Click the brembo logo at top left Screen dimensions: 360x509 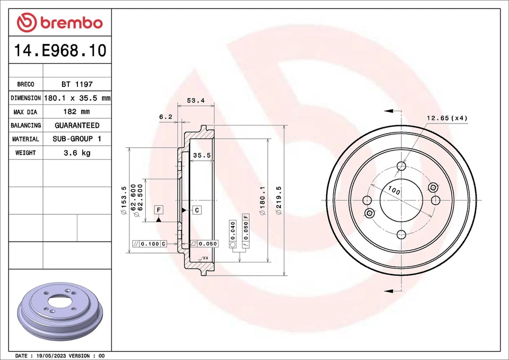tap(59, 22)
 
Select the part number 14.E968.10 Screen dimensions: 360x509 tap(60, 51)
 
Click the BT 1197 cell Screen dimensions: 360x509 tap(77, 84)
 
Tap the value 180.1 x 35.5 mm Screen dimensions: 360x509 tap(77, 98)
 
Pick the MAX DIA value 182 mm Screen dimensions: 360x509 tap(77, 112)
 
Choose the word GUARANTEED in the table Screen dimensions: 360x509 tap(77, 126)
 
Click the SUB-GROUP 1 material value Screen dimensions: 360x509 tap(77, 139)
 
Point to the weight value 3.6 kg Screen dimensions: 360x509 tap(77, 153)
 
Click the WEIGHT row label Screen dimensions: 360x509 tap(25, 153)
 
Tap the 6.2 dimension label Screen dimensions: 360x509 tap(165, 117)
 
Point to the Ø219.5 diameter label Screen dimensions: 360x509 tap(278, 200)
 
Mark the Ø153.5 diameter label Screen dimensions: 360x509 tap(124, 200)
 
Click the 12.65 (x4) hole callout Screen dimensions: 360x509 tap(447, 118)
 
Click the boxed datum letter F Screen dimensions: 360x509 tap(159, 210)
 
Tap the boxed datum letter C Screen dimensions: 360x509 tap(196, 210)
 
